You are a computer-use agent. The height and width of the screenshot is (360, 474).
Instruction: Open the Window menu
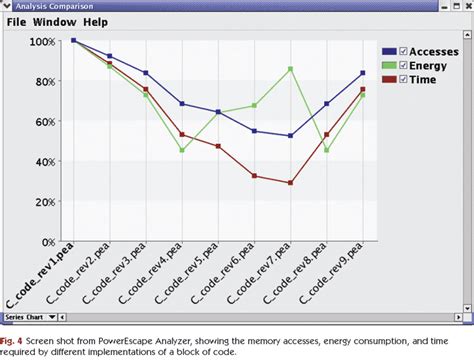[x=59, y=21]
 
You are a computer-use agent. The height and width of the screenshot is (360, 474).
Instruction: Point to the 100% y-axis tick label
[x=43, y=42]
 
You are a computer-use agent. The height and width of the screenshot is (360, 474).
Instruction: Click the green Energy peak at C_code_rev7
[x=290, y=69]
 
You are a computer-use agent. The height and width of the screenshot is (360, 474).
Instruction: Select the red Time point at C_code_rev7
[x=290, y=183]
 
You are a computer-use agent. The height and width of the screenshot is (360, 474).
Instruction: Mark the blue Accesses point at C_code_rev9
[x=362, y=73]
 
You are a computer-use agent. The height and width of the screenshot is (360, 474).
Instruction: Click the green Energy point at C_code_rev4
[x=182, y=151]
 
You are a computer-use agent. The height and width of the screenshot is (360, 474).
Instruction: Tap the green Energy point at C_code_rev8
[x=326, y=151]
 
